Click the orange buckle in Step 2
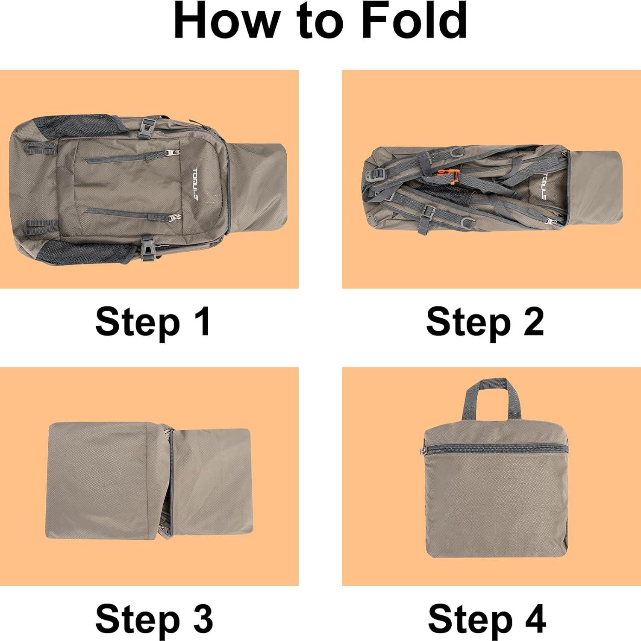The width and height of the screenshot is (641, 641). point(452,175)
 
